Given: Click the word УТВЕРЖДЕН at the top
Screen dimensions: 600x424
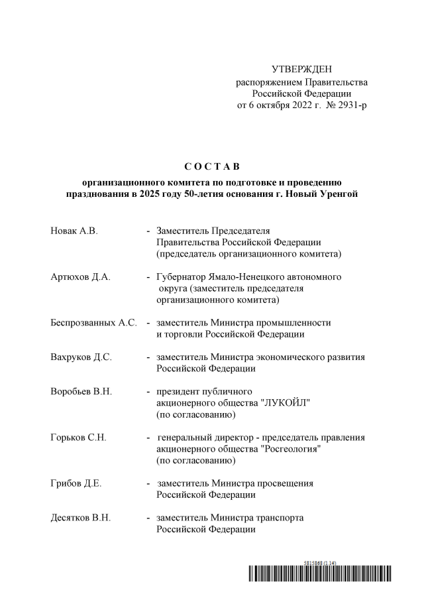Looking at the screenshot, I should pos(301,70).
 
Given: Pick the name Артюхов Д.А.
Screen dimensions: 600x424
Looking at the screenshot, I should pos(80,277).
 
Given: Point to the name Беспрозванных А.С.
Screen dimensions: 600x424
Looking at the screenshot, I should pos(93,323).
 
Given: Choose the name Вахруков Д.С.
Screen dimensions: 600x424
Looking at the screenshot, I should pos(81,357).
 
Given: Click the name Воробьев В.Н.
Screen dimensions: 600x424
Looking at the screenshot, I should pos(81,391).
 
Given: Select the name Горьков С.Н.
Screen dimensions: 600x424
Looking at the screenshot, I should pos(78,438).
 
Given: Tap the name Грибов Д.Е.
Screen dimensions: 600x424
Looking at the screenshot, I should pos(76,484).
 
